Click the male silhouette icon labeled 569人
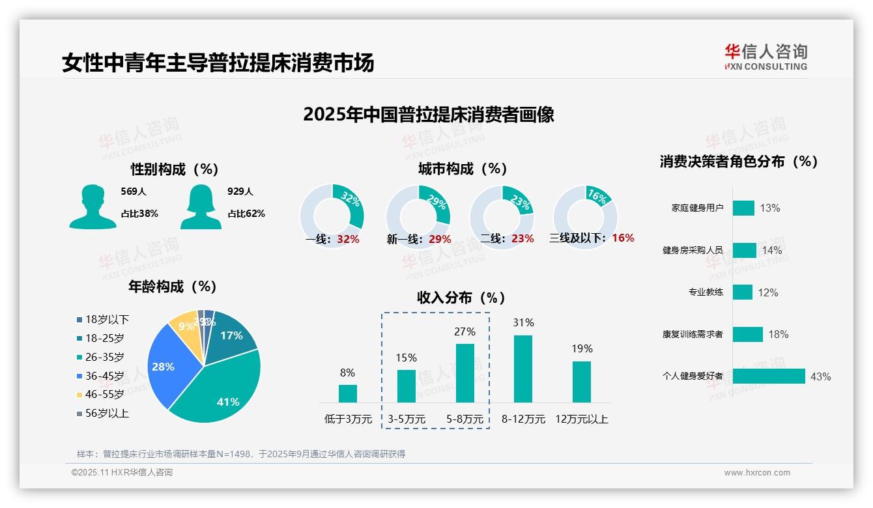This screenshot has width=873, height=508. [x=93, y=206]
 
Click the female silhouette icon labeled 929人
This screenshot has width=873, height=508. [x=201, y=206]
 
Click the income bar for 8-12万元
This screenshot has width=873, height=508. [x=523, y=369]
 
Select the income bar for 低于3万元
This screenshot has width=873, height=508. [x=347, y=393]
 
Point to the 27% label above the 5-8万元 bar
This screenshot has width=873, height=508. [x=465, y=332]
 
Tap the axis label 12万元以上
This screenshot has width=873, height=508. [x=581, y=419]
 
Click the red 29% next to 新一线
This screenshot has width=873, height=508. [x=440, y=239]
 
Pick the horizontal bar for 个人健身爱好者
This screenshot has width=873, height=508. [x=769, y=376]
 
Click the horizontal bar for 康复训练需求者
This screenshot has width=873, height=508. [x=747, y=334]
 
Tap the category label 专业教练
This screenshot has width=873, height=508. [x=706, y=292]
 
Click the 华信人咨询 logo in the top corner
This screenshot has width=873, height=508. [x=766, y=57]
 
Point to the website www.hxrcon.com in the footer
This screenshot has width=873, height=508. [x=756, y=473]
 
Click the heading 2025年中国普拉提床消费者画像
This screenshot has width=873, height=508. [x=428, y=115]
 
